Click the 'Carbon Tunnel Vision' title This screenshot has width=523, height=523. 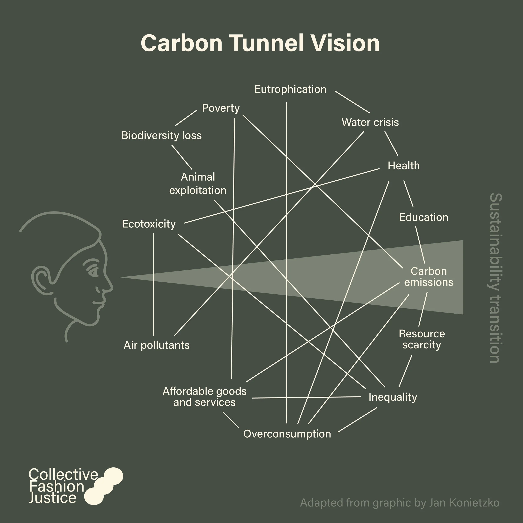coord(260,43)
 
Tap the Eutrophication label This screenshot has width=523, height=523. coord(290,89)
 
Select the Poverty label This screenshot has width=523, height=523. coord(221,108)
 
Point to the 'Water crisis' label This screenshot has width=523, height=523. coord(370,122)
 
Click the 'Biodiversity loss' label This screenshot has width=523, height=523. coord(161,135)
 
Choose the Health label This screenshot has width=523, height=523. coord(404,166)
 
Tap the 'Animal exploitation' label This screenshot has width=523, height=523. coord(198,183)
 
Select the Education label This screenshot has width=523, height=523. coord(423,217)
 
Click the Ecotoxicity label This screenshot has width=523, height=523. coord(149,224)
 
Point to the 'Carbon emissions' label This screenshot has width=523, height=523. coord(428,277)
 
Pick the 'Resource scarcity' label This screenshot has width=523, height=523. coord(422,339)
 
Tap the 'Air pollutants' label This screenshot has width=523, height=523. coord(156,345)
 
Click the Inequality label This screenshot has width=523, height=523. coord(392,397)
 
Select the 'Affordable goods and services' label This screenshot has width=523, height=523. coord(204,397)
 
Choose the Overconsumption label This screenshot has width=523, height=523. coord(287,434)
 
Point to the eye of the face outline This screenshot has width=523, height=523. coord(93,272)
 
